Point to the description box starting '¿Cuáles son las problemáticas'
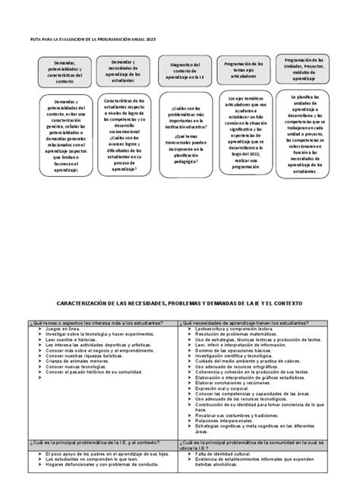[180, 137]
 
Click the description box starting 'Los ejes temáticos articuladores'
[245, 137]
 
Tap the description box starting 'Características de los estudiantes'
[118, 137]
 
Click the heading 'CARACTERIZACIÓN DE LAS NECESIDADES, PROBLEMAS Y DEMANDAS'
[180, 303]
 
